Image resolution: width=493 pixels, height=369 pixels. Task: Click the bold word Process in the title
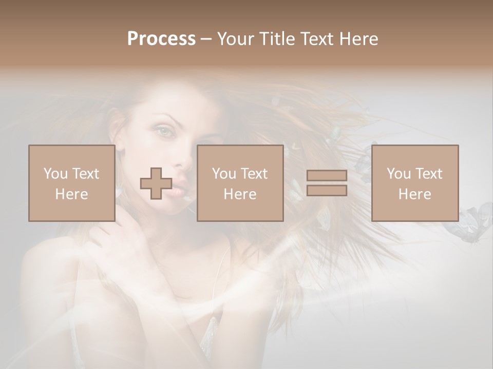click(x=161, y=39)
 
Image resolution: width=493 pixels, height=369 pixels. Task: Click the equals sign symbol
click(x=327, y=183)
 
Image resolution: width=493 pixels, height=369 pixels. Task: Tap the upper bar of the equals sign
click(x=327, y=176)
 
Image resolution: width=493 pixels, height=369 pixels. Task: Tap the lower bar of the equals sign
click(x=327, y=190)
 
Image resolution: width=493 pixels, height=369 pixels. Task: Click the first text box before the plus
click(x=71, y=183)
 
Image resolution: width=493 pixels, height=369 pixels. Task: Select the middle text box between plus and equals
click(x=240, y=183)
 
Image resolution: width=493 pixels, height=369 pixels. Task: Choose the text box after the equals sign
click(x=414, y=183)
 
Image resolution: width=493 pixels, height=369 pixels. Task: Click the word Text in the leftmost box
click(x=86, y=174)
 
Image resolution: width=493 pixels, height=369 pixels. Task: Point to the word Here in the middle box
click(x=240, y=194)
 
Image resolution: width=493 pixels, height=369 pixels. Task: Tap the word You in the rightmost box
click(x=399, y=174)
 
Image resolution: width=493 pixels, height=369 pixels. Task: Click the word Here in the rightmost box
click(x=414, y=194)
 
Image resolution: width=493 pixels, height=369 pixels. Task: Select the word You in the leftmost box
click(x=55, y=174)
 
